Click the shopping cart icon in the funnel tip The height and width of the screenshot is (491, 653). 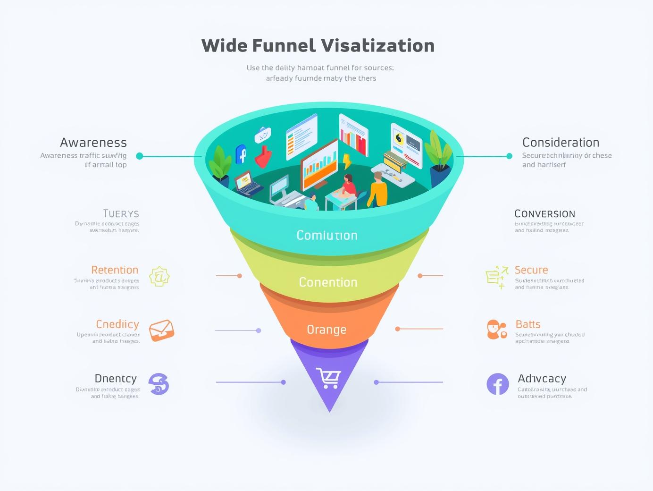coord(328,378)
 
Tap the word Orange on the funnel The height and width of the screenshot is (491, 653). coord(326,330)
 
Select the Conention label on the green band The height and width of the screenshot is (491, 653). coord(328,282)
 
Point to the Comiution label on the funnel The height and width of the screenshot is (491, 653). coord(327,235)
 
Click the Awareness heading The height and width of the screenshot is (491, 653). coord(93,143)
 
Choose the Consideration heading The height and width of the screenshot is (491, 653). coord(561,143)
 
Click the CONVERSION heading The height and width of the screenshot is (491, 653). coord(544,214)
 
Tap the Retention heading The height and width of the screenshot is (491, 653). coord(115,270)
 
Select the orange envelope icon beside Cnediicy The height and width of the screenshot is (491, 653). coord(161,330)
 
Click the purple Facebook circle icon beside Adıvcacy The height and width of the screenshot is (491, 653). coord(498,384)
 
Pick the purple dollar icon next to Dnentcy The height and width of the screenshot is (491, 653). coord(159,384)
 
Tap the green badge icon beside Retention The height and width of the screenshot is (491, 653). coord(159,277)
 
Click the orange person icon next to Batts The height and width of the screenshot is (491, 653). coord(496,329)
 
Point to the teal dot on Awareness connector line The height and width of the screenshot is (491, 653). coord(139,156)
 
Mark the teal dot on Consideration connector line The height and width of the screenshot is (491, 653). coord(509,156)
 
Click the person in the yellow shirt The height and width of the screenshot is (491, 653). coord(377,190)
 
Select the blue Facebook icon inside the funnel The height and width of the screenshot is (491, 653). coord(241,154)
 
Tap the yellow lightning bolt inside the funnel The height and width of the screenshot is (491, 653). coord(347,161)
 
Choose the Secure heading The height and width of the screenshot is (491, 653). coord(531,270)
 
